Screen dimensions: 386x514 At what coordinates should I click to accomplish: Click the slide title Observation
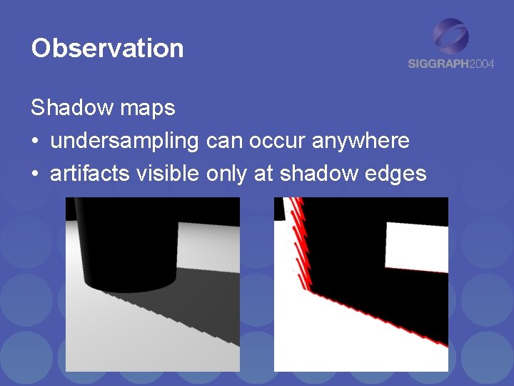pos(107,49)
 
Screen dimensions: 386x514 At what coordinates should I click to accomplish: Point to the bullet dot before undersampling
pos(35,142)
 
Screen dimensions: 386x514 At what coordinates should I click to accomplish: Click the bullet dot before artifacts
pos(35,174)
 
